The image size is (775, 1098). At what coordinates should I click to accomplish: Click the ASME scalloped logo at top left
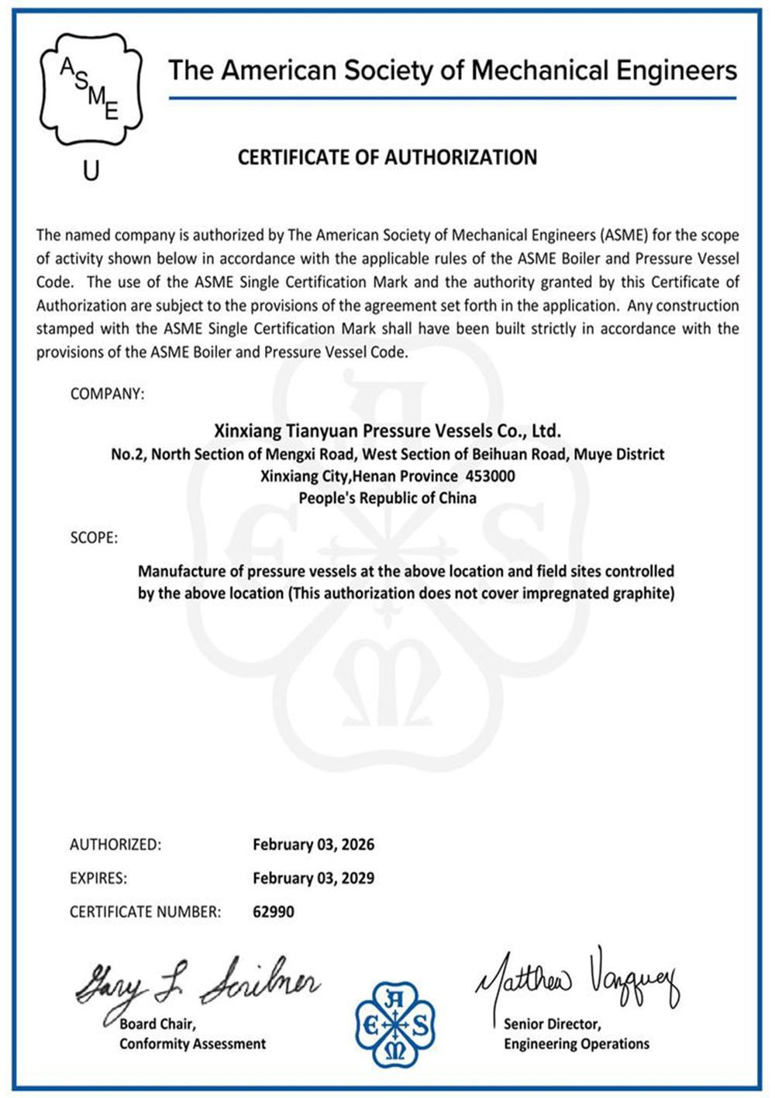pos(91,90)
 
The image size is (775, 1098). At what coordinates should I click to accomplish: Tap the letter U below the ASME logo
pos(91,170)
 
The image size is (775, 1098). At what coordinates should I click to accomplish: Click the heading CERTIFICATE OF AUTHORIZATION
pos(387,157)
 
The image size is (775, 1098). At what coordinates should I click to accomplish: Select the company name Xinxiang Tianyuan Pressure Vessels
pos(387,430)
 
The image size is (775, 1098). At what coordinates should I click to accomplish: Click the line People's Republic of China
pos(387,498)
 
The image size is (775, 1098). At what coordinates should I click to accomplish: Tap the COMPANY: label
pos(107,394)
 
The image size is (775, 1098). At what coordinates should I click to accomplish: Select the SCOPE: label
pos(94,538)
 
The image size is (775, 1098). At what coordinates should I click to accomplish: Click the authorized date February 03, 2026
pos(313,845)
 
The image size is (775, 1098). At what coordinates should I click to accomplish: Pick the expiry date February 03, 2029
pos(313,878)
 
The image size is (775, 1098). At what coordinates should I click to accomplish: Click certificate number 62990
pos(274,912)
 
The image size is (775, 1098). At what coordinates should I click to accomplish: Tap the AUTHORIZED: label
pos(115,845)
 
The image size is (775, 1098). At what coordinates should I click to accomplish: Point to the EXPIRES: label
pos(98,878)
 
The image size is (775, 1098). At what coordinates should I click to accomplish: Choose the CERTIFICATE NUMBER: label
pos(145,912)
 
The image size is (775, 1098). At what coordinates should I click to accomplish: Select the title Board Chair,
pos(157,1024)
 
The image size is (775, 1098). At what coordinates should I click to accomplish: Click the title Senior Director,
pos(552,1024)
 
